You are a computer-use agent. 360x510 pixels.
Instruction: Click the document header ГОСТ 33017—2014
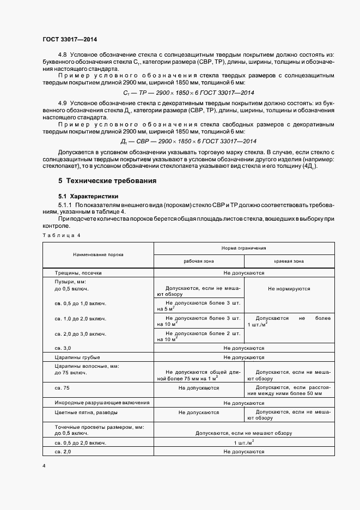coord(69,39)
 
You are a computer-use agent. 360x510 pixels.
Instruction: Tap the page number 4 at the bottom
coord(44,466)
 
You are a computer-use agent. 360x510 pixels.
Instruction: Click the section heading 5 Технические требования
coord(107,180)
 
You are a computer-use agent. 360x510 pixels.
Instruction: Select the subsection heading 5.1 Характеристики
coord(89,196)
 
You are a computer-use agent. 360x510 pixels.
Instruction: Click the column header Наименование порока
coord(98,254)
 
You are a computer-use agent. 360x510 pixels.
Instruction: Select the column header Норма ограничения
coord(243,248)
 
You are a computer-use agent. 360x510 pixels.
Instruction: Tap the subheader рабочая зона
coord(199,261)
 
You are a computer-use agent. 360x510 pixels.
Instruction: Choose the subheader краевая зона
coord(289,261)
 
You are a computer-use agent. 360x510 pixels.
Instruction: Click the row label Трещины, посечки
coord(78,272)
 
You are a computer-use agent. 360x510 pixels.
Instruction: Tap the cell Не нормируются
coord(289,289)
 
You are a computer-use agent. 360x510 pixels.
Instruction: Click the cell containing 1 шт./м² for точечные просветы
coord(243,443)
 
